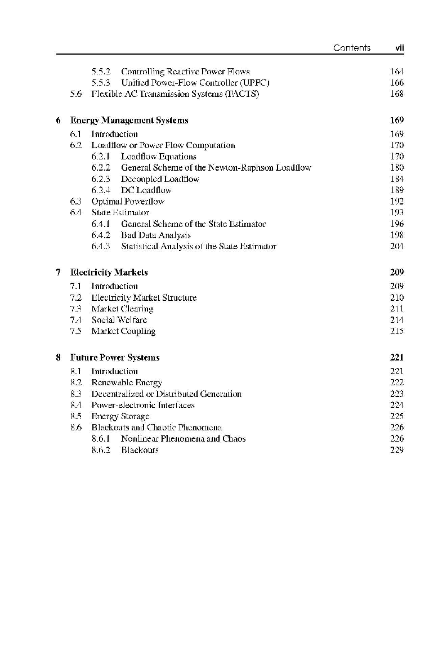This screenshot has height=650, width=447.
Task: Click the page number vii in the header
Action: [x=399, y=48]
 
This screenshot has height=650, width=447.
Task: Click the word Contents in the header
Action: [x=351, y=48]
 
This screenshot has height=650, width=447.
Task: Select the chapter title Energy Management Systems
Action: [x=129, y=120]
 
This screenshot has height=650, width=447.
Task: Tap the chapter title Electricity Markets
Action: [x=109, y=272]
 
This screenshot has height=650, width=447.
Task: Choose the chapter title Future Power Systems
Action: [x=114, y=357]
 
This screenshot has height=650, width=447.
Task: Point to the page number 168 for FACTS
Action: [x=396, y=94]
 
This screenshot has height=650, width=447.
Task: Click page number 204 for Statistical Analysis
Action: [x=396, y=246]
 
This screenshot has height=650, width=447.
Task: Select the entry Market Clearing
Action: [x=122, y=309]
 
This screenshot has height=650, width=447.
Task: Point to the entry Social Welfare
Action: [x=119, y=320]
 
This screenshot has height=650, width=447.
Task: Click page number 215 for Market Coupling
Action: [x=396, y=331]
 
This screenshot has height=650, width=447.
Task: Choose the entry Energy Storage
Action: [x=120, y=416]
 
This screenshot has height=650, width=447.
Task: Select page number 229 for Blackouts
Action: [x=396, y=450]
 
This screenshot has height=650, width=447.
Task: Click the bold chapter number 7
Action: [x=59, y=272]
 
